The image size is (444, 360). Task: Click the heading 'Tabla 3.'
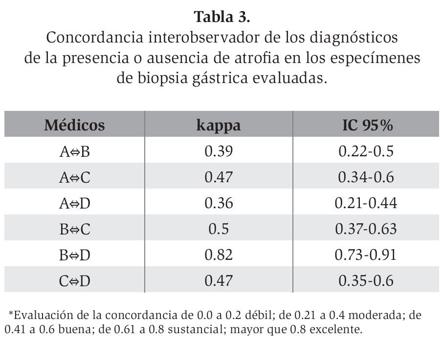[x=222, y=17]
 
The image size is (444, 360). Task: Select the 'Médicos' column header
[x=75, y=126]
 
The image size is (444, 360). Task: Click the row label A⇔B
[x=75, y=151]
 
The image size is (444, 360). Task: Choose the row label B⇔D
[x=75, y=254]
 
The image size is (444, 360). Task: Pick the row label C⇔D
[x=75, y=280]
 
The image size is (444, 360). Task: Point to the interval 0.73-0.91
[x=366, y=254]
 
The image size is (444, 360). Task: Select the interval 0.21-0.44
[x=366, y=203]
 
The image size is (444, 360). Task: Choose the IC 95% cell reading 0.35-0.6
[x=366, y=280]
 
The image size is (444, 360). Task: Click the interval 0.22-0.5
[x=366, y=151]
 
